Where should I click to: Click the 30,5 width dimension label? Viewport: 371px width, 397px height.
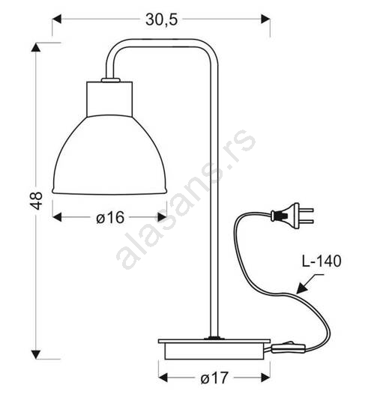pos(161,19)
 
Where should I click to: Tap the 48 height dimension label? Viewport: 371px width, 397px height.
pos(37,201)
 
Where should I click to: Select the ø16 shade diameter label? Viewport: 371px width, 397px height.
pos(110,217)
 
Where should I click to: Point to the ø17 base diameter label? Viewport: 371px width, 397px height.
pos(214,378)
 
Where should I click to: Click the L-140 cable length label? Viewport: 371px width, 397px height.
pos(322,261)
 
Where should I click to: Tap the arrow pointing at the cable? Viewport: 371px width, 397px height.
pos(310,284)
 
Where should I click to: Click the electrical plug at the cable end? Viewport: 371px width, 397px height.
pos(292,216)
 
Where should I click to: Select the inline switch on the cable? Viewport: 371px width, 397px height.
pos(289,348)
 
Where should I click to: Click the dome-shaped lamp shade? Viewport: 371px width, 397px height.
pos(109,155)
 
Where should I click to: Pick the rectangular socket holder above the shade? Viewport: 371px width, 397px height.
pos(109,99)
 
